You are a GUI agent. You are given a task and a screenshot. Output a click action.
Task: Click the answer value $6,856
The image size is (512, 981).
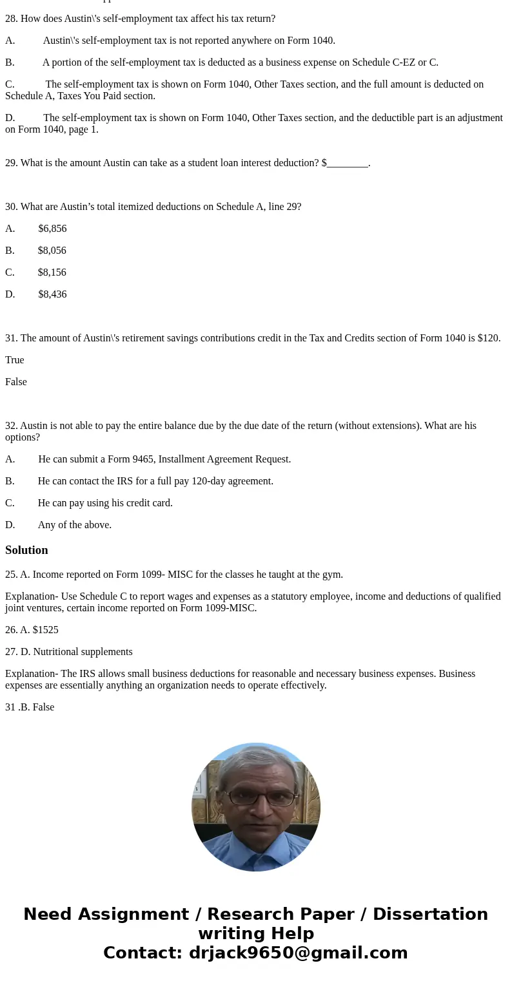52,229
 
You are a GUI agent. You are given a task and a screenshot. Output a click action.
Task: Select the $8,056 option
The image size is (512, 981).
52,251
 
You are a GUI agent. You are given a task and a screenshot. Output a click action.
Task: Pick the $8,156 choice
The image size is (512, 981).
52,272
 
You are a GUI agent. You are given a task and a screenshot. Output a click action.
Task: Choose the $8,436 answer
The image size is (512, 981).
52,294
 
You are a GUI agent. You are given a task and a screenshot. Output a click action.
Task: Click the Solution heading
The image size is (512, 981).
26,550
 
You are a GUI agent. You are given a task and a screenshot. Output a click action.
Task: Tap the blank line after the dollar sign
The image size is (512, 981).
347,164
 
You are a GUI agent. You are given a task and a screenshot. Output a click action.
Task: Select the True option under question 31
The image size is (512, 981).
14,360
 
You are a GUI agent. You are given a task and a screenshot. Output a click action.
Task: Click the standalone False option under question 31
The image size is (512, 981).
16,382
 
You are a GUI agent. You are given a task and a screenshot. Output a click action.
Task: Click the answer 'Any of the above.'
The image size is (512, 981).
74,525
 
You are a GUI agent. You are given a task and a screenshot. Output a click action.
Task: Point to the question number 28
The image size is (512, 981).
11,19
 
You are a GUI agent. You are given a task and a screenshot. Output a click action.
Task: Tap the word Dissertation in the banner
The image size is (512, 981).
430,914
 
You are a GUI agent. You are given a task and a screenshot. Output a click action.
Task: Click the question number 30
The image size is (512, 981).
11,207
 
